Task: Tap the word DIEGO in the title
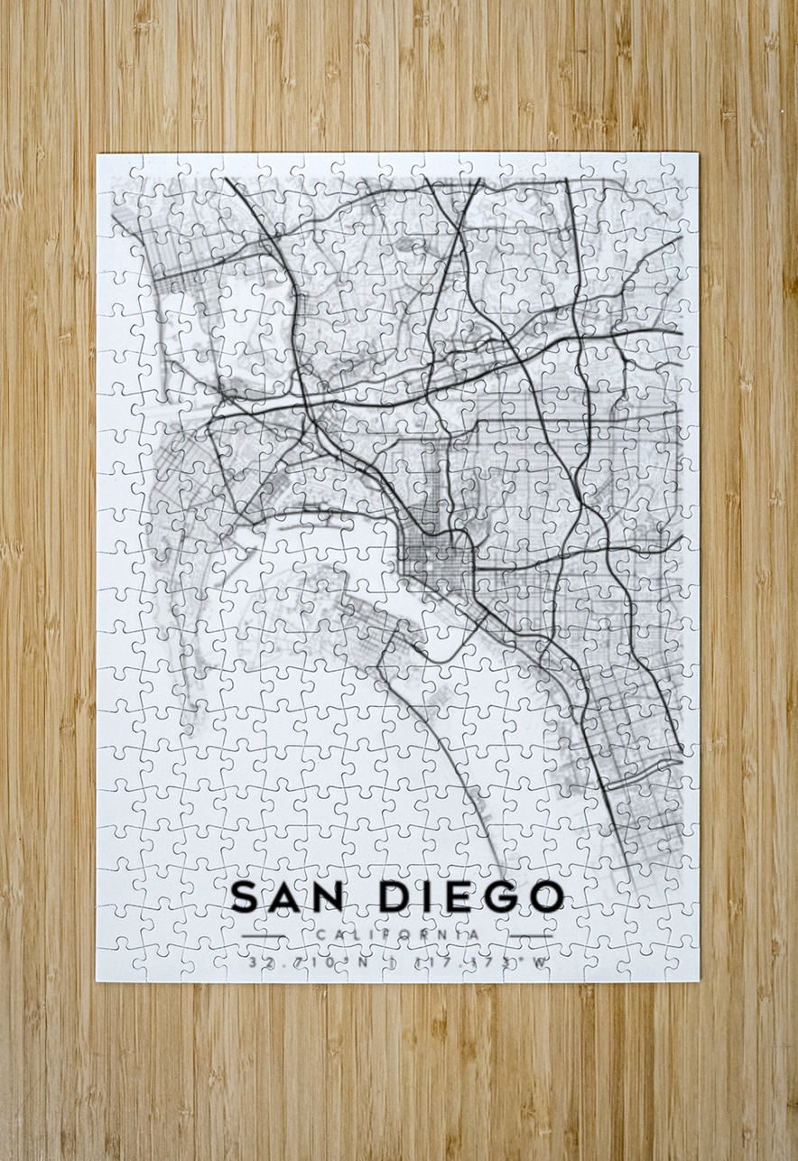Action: [x=471, y=896]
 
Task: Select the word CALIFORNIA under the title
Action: [x=397, y=934]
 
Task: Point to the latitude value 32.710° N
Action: [x=310, y=962]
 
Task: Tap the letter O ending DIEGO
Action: [x=545, y=896]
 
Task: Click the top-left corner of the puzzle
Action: [x=97, y=154]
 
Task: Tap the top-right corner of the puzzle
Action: [x=698, y=154]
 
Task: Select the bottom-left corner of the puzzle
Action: [x=97, y=980]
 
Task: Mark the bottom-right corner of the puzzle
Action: [x=698, y=980]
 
